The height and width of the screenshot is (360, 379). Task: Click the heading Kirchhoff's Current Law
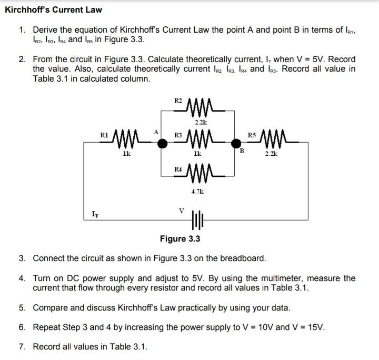click(x=54, y=9)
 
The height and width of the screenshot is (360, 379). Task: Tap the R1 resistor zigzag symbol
click(x=126, y=142)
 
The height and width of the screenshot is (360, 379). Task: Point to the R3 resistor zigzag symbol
click(x=199, y=141)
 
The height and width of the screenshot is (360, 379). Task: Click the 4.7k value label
click(x=198, y=192)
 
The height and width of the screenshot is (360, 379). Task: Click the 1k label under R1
click(x=126, y=155)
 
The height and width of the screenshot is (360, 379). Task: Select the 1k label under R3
click(x=200, y=155)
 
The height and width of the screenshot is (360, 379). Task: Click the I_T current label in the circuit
click(x=94, y=214)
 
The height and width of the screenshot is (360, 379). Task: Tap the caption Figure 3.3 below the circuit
click(x=180, y=239)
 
